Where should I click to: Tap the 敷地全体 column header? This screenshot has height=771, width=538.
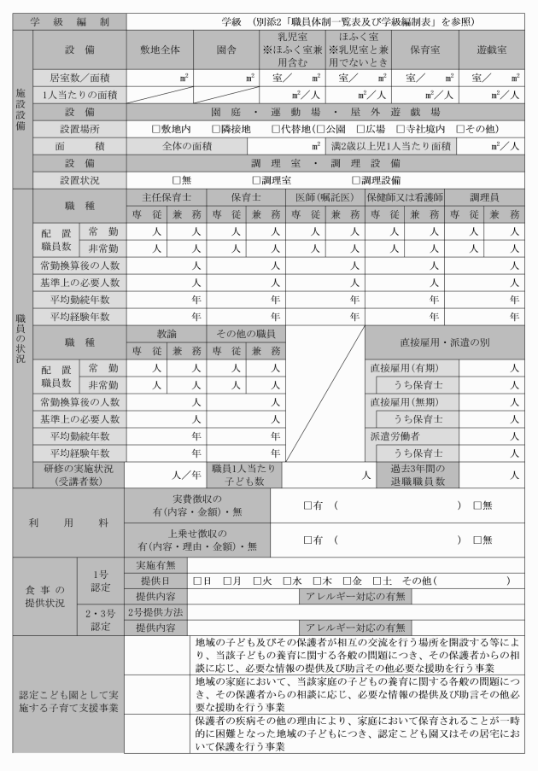tap(160, 50)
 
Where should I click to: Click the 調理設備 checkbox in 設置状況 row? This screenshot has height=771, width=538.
tap(356, 180)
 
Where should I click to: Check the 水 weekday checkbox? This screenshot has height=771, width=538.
tap(289, 581)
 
